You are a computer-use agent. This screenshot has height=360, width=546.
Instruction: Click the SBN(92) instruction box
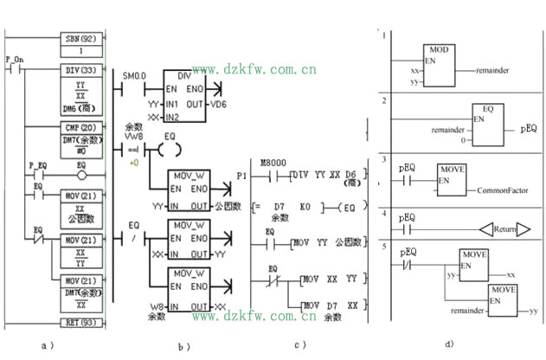click(83, 40)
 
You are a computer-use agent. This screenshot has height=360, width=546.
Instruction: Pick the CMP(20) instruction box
click(83, 126)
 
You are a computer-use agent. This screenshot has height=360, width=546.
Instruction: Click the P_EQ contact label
click(37, 164)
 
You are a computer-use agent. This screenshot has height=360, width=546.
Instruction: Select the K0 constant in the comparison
click(305, 209)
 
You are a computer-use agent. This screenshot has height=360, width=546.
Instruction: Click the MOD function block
click(440, 64)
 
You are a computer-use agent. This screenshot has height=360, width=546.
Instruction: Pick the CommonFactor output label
click(504, 187)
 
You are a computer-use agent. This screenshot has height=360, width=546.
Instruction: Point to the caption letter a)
click(46, 346)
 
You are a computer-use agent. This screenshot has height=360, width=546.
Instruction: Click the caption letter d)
click(449, 344)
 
